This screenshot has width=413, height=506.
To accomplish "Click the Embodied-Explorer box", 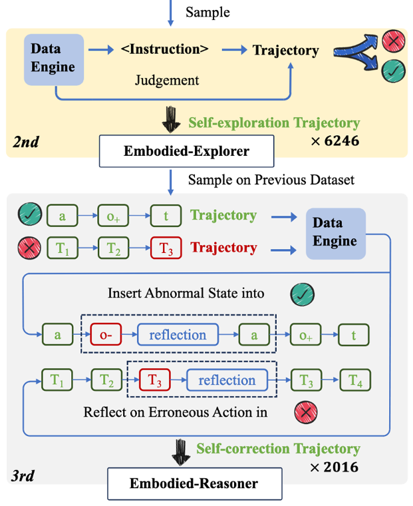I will point(186,151).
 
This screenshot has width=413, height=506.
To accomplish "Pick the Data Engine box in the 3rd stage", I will point(335,233).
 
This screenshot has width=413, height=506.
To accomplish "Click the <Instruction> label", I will point(165,49).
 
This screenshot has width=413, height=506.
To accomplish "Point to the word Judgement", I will point(167,81).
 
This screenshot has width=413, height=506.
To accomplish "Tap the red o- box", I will point(102,335).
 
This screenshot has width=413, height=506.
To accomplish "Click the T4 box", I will point(356,381).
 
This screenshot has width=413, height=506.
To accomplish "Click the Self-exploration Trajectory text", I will point(274,123).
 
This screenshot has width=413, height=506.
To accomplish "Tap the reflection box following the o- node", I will point(178,335).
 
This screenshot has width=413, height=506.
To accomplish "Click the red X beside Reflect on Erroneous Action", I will point(305,413).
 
